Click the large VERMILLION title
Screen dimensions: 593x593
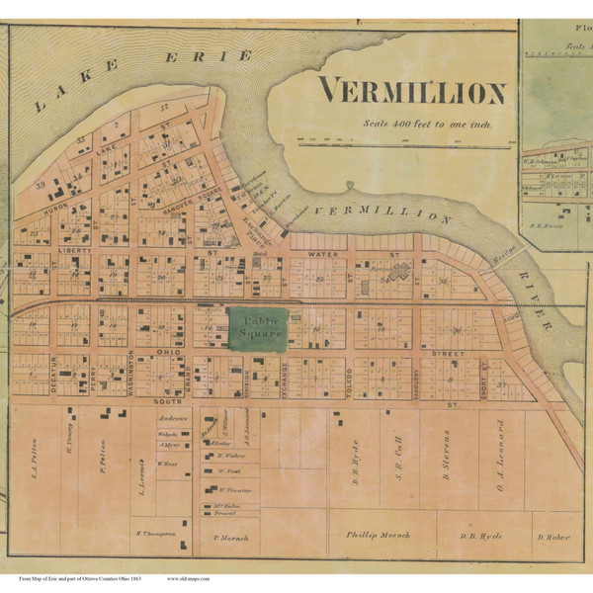(412, 93)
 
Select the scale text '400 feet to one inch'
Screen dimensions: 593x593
(426, 124)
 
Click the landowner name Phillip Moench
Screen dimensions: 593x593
(378, 535)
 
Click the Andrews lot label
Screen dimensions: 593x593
(174, 418)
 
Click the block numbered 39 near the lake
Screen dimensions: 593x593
(41, 184)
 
